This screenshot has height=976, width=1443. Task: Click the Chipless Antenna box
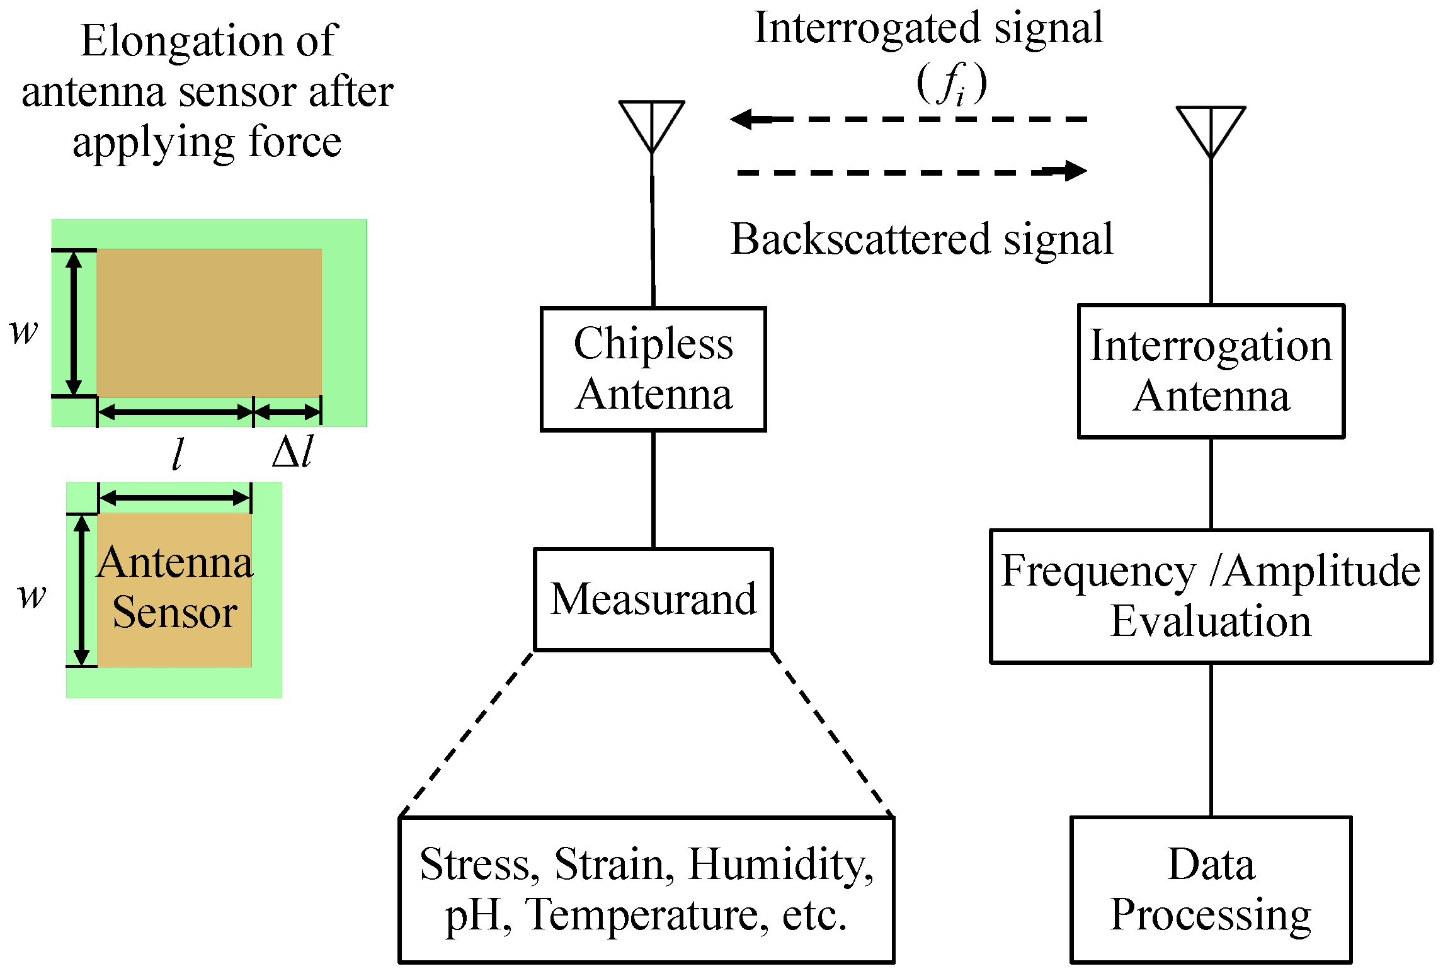[x=653, y=369]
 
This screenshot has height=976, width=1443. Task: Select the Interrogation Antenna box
[x=1211, y=371]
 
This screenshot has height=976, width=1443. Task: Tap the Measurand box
[x=653, y=599]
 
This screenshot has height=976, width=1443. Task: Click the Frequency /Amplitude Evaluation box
[x=1211, y=596]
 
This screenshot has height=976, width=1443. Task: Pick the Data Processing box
[x=1211, y=889]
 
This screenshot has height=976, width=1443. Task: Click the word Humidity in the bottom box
[x=780, y=864]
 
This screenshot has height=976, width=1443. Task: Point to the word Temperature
[x=647, y=914]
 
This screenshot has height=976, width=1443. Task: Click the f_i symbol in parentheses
[x=951, y=84]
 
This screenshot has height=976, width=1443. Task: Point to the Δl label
[x=293, y=451]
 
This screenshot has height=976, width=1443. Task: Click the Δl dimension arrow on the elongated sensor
[x=287, y=412]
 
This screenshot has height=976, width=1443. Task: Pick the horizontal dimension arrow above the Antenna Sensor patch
[x=175, y=498]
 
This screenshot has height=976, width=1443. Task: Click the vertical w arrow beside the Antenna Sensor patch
[x=81, y=590]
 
